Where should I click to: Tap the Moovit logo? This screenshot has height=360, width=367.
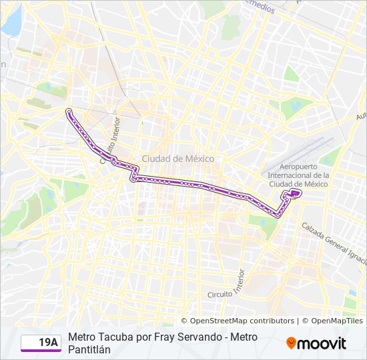coord(316,343)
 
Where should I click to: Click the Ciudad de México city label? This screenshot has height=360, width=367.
coord(177,159)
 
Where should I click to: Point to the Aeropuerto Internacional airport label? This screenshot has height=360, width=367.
coord(299,175)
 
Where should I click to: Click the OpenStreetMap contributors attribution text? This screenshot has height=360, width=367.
coord(242,321)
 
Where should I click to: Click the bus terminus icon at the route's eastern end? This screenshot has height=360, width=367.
coord(294,192)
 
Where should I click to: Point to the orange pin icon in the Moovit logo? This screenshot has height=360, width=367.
coord(291,343)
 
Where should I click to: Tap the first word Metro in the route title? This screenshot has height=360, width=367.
coord(81,337)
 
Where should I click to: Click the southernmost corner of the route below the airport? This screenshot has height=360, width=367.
coord(278,215)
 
